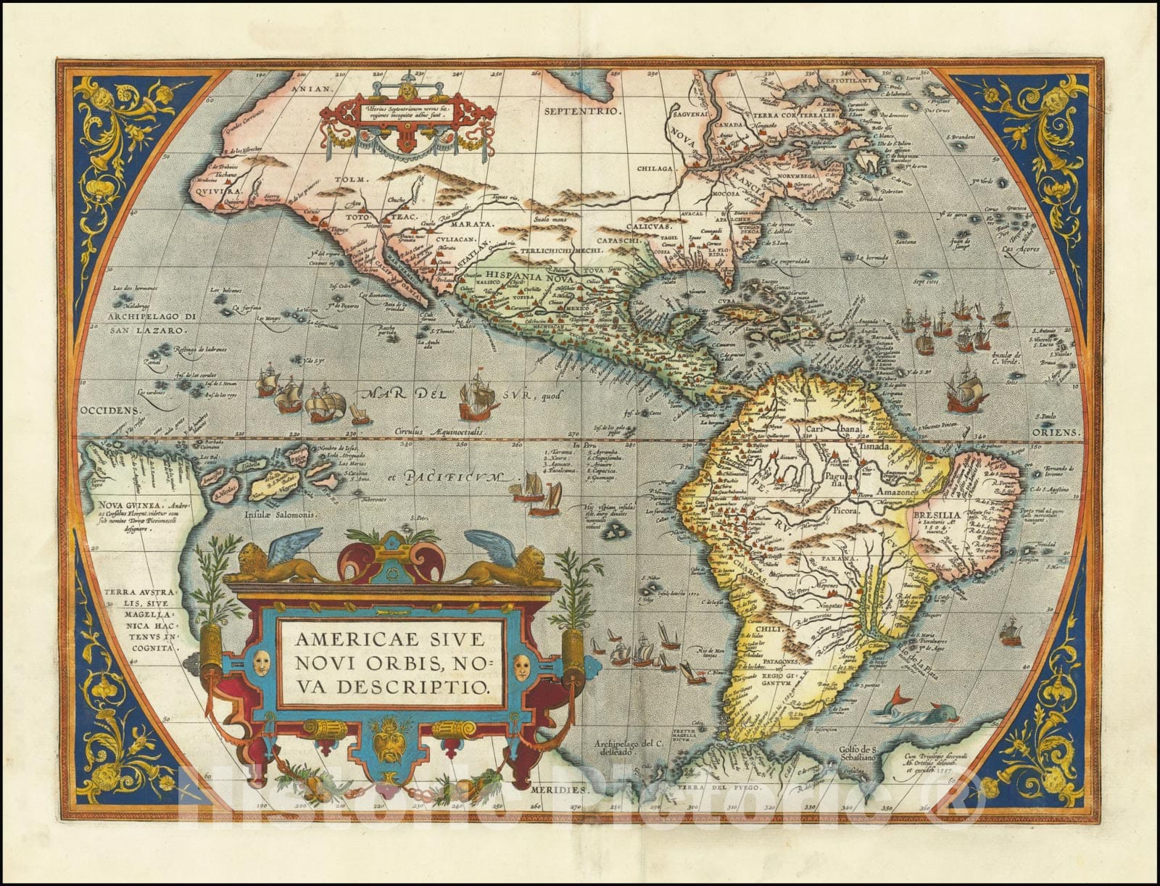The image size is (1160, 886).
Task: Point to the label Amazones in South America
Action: point(898,491)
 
